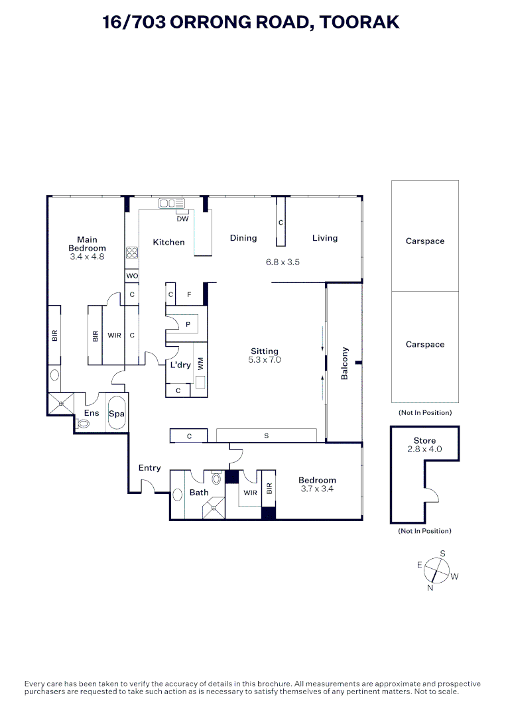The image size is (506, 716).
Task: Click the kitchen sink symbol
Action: [171, 203]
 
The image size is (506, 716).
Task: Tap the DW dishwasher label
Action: [182, 218]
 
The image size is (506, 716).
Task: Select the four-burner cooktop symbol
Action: [131, 253]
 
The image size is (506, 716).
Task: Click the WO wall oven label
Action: [131, 275]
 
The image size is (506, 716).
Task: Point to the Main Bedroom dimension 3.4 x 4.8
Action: [87, 256]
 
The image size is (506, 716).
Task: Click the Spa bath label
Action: [117, 413]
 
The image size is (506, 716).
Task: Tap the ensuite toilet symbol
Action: [84, 424]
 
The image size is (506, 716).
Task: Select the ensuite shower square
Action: [60, 403]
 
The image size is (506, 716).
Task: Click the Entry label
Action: [149, 467]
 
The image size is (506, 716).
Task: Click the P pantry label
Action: [188, 324]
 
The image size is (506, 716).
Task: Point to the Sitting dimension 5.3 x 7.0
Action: [265, 360]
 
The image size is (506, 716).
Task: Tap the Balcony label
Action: [345, 363]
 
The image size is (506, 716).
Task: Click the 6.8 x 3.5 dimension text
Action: [283, 262]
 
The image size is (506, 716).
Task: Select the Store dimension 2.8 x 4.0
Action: [424, 449]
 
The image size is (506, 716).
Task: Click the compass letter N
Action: [430, 587]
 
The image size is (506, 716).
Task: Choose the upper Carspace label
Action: [425, 241]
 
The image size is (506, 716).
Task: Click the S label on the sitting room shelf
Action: [266, 436]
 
